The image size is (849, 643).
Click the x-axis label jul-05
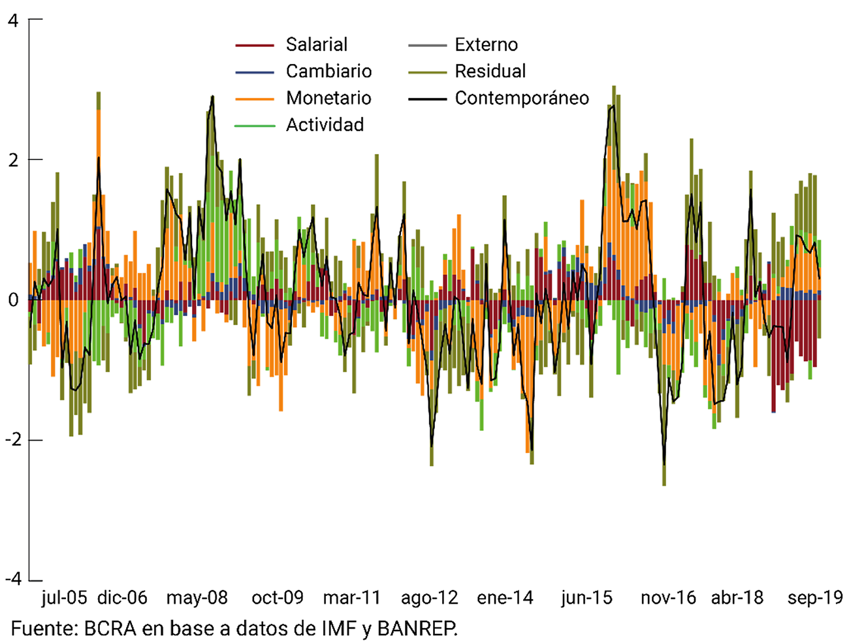tap(63, 598)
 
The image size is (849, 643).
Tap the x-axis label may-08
tap(197, 598)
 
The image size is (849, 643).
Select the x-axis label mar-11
tap(351, 598)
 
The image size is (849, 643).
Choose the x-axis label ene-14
tap(505, 598)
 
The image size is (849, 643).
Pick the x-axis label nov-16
tap(668, 598)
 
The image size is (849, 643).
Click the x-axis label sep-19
tap(815, 598)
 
